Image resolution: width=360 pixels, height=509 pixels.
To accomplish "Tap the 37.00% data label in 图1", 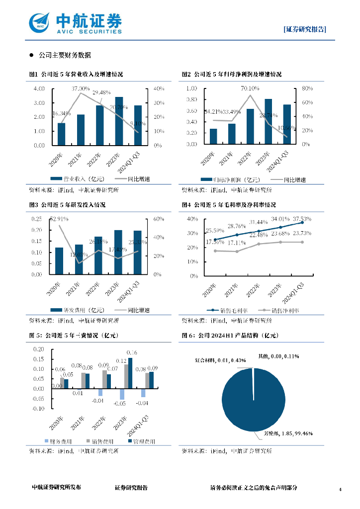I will [81, 88].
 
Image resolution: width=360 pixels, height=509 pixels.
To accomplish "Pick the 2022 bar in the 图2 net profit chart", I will [250, 126].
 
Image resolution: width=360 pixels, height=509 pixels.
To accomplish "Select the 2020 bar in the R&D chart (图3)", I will [59, 260].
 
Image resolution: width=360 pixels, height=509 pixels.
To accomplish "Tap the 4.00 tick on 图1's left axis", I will [39, 89].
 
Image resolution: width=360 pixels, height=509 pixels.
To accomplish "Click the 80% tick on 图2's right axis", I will [305, 88].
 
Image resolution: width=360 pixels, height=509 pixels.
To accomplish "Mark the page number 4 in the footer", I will [340, 490].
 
